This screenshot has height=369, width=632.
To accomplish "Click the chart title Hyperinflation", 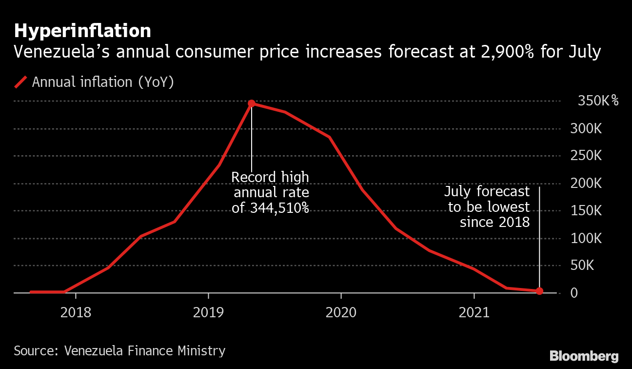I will [x=82, y=31].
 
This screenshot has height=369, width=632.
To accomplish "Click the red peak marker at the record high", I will [x=252, y=103].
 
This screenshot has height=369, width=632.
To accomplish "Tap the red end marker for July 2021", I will [x=539, y=291].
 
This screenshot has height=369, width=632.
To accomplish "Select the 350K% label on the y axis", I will [x=598, y=102].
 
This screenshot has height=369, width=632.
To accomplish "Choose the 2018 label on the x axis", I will [x=76, y=312].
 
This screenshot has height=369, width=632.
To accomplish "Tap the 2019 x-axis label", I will [x=208, y=312].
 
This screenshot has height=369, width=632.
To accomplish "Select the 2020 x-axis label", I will [x=341, y=312].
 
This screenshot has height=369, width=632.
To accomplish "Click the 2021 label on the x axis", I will [x=474, y=312].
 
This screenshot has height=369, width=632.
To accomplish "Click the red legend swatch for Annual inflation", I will [x=20, y=82].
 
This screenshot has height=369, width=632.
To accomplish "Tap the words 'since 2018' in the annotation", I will [x=494, y=223].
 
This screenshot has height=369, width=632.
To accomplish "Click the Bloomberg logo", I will [x=584, y=356].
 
